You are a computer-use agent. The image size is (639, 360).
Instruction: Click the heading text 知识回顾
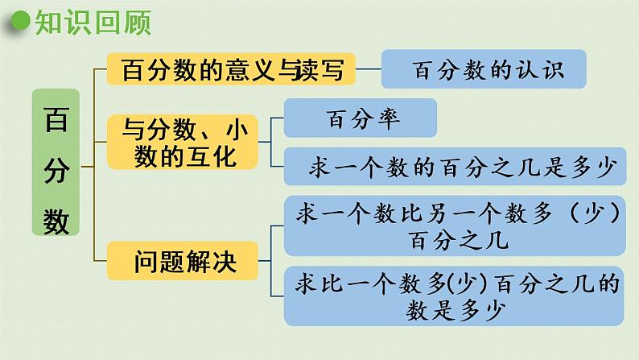(93, 24)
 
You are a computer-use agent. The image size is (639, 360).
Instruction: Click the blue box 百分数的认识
(483, 69)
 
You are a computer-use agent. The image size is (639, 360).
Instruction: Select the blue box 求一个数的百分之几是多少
(456, 168)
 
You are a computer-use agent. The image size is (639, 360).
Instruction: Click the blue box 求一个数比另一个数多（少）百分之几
(456, 226)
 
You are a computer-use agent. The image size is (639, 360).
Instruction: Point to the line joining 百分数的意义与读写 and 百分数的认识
(368, 69)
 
